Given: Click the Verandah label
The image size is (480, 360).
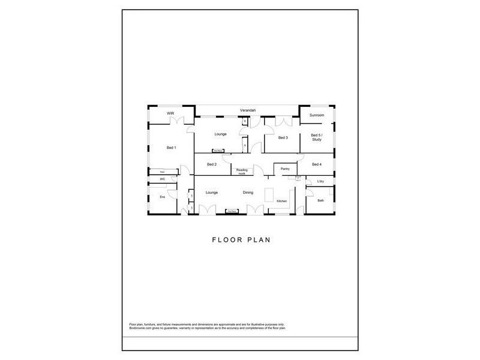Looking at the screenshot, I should (x=248, y=111).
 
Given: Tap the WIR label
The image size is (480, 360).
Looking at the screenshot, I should (x=170, y=113).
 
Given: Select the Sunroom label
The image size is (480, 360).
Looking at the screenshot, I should (x=316, y=115).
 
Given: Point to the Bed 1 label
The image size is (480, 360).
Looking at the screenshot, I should (x=171, y=148).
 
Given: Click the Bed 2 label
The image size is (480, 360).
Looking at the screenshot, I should (x=211, y=164).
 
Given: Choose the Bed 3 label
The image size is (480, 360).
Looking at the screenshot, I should (x=283, y=138).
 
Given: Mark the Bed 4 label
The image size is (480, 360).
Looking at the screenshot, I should (x=317, y=164).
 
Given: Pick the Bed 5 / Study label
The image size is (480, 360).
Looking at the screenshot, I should (x=317, y=138).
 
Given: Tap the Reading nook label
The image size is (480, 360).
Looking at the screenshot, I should (x=242, y=172).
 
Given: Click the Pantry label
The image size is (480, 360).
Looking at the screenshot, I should (x=286, y=169).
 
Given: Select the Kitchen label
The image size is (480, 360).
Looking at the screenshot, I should (x=282, y=201).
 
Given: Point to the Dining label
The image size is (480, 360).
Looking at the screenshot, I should (x=248, y=193).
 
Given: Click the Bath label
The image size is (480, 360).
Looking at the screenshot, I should (x=320, y=200).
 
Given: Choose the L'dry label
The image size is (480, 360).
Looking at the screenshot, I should (x=320, y=181).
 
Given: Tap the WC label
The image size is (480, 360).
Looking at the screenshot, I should (x=162, y=179).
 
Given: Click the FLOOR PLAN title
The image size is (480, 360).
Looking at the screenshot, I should (x=242, y=239).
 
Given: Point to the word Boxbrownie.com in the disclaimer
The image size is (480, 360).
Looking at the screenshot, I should (x=139, y=328).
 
